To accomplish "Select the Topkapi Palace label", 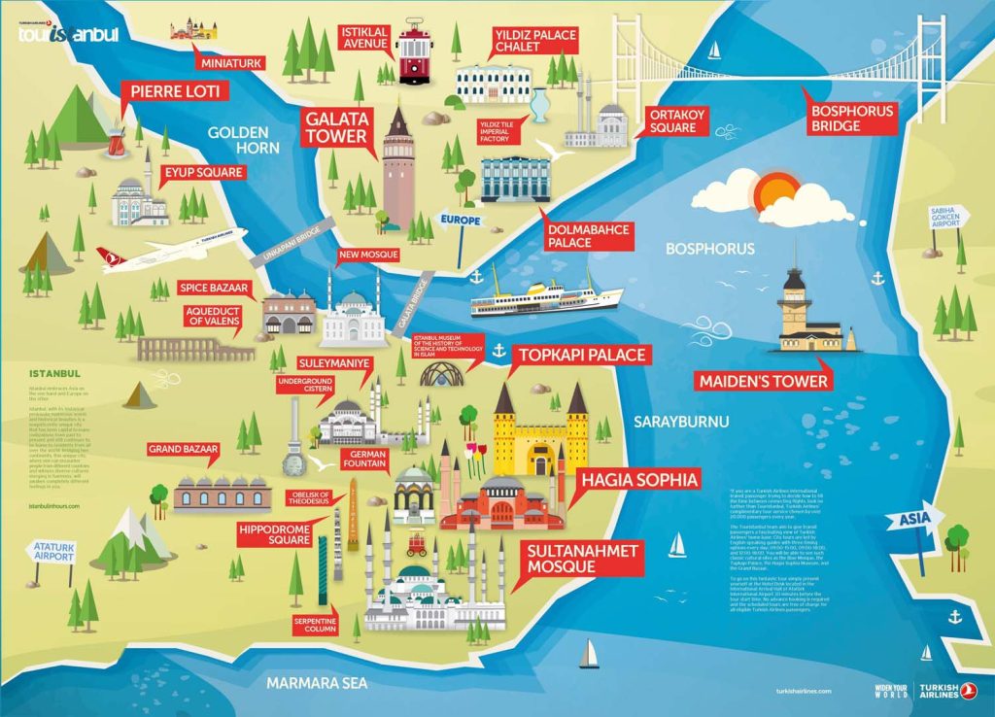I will (x=581, y=355).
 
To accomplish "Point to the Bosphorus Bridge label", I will (x=852, y=118).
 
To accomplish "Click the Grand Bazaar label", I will (x=184, y=450).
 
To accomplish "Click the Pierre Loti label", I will (x=176, y=92).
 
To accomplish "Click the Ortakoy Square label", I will (x=672, y=120).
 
